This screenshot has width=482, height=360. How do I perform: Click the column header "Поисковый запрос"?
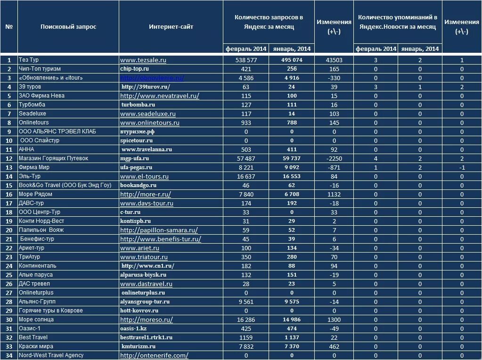point(68,27)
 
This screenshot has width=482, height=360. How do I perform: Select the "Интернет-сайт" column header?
point(171,27)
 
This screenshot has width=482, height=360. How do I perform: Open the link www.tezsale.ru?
point(143,60)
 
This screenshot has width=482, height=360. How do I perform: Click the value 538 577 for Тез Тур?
point(246,60)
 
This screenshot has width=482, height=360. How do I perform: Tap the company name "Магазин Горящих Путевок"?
point(53,158)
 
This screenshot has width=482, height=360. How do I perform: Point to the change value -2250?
point(334,158)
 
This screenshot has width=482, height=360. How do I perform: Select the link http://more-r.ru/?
point(146,194)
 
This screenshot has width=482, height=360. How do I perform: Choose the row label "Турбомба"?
point(32,105)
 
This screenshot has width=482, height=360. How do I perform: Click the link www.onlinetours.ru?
point(150,123)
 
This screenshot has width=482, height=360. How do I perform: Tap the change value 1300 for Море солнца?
point(334,319)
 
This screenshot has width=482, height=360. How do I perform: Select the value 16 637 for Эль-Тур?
point(246,176)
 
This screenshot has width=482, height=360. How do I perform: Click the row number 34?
point(9,355)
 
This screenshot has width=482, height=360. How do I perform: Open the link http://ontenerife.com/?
point(154,356)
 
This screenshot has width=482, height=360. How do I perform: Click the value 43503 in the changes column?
point(334,60)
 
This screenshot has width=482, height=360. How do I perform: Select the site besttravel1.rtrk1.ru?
point(147,337)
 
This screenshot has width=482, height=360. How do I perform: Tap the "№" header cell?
point(9,27)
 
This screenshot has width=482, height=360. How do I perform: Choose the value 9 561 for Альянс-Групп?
point(246,302)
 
